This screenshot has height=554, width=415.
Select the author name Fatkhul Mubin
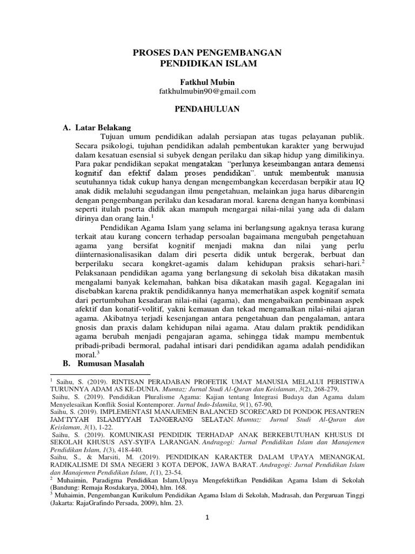(207, 81)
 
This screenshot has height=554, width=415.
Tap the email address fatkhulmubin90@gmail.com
(207, 91)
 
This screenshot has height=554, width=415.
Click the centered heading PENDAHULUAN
(207, 109)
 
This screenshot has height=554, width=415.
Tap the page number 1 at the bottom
(207, 532)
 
